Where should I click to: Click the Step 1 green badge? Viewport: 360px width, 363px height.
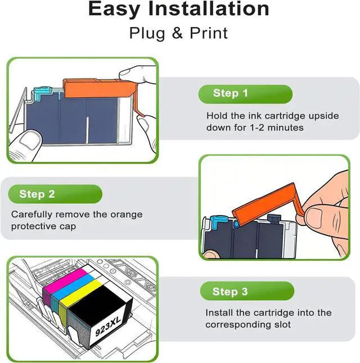(x=245, y=94)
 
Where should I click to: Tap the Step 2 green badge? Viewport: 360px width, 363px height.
(x=55, y=194)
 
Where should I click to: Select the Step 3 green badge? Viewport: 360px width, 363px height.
(x=247, y=291)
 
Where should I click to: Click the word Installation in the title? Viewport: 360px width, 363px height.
(x=209, y=9)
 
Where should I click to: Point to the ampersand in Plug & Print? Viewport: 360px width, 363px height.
(x=177, y=33)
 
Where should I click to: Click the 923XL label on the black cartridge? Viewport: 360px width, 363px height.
(x=108, y=326)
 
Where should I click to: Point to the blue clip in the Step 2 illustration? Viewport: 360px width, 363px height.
(x=218, y=222)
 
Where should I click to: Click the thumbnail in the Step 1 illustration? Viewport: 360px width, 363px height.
(x=30, y=139)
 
